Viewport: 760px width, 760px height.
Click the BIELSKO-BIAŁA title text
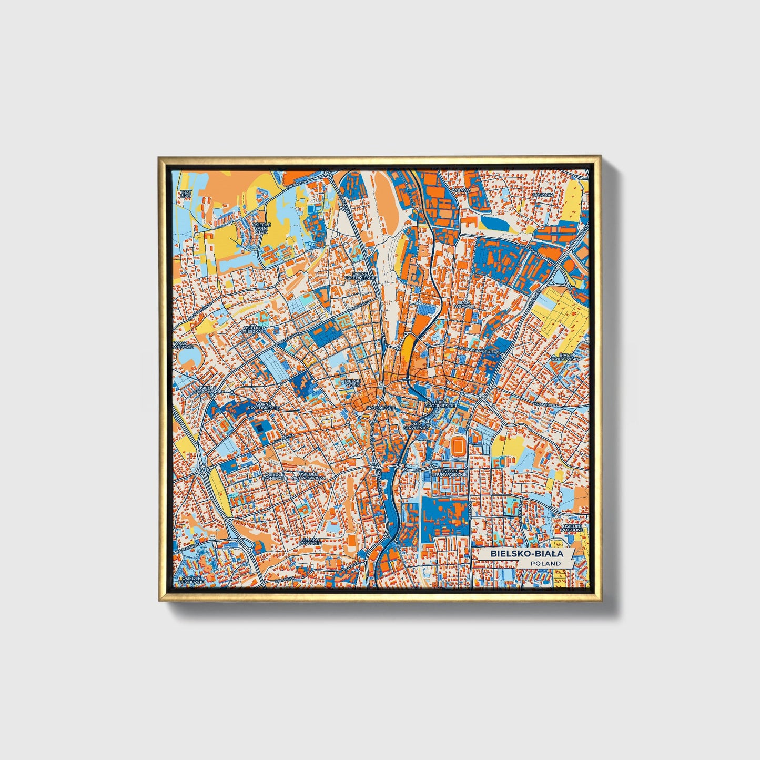[526, 554]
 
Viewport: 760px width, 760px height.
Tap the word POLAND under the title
[545, 563]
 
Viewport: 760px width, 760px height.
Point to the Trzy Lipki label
[186, 194]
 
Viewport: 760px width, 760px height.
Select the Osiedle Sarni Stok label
[261, 228]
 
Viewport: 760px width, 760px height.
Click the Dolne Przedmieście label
[360, 275]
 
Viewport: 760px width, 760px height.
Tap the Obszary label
[543, 195]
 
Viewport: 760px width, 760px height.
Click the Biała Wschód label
[465, 305]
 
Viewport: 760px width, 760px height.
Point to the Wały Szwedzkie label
[184, 345]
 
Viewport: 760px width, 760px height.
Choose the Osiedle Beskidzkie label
[190, 580]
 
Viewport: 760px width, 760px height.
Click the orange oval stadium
[459, 447]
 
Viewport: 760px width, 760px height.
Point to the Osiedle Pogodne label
[573, 528]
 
